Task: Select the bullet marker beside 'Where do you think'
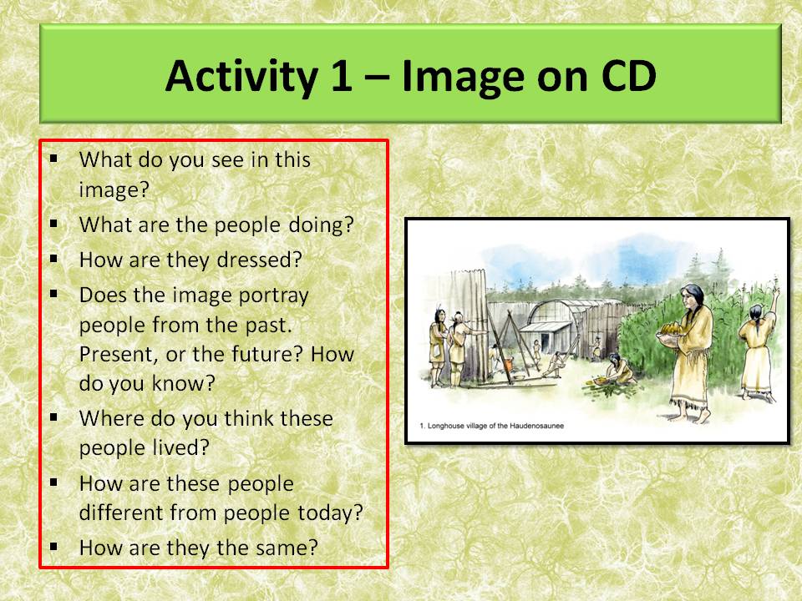pos(54,417)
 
